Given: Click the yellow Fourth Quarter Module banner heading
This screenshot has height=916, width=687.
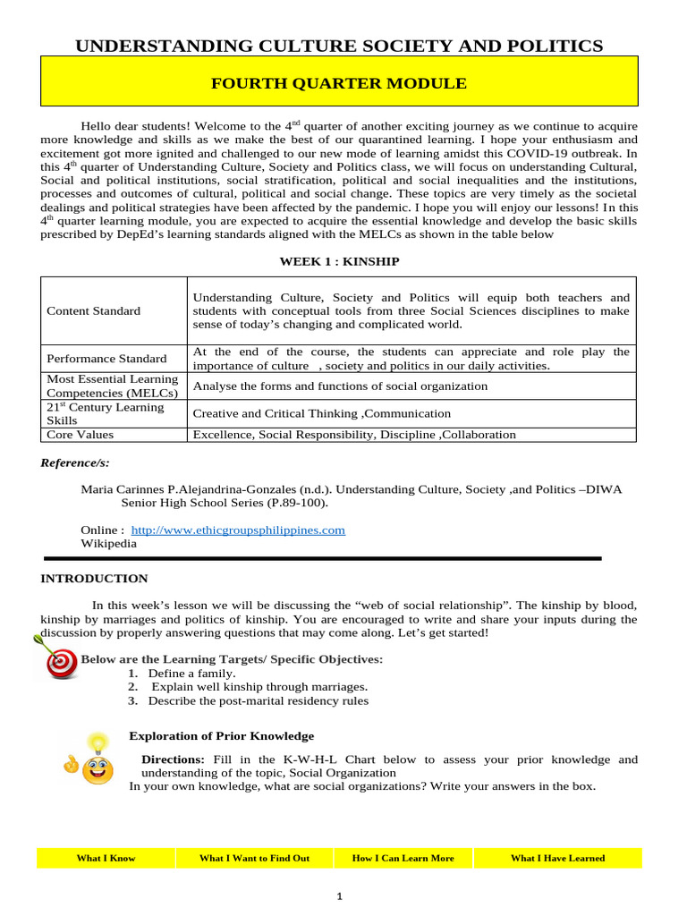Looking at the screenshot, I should click(x=338, y=84).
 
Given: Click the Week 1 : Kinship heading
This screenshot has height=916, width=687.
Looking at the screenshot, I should click(x=338, y=261).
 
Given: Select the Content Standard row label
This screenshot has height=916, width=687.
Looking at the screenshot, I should click(x=94, y=311).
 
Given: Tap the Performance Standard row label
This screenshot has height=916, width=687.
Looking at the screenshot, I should click(x=106, y=359).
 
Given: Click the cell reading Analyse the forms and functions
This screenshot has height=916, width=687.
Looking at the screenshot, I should click(x=341, y=386).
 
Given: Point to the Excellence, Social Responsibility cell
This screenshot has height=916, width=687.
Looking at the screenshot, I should click(x=354, y=435).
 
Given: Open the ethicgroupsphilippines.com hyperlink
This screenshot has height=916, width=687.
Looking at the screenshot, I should click(x=238, y=530).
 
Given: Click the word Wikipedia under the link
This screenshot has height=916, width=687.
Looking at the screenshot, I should click(x=109, y=543).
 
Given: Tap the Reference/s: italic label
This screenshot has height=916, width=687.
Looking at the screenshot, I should click(x=75, y=463).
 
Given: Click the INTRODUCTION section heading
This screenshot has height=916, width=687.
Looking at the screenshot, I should click(x=94, y=579).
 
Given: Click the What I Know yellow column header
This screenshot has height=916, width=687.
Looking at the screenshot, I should click(x=106, y=858).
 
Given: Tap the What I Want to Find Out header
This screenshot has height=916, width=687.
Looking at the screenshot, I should click(x=254, y=858).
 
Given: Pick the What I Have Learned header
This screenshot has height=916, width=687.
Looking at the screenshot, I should click(x=557, y=858).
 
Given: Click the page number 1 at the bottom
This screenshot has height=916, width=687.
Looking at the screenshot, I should click(x=340, y=896).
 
